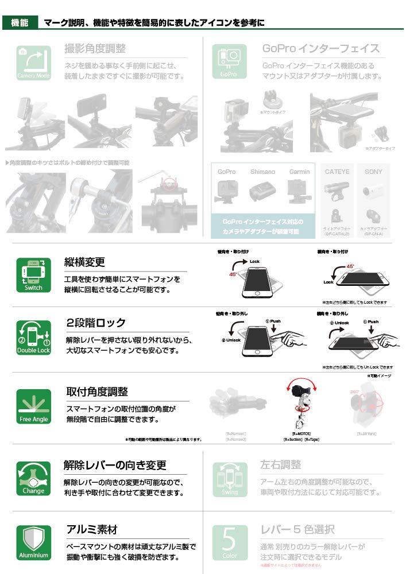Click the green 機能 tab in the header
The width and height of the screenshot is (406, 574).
tap(20, 23)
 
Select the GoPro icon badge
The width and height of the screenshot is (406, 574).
tap(229, 62)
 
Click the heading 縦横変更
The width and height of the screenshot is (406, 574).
tap(84, 262)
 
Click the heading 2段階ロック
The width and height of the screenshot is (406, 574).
tap(96, 323)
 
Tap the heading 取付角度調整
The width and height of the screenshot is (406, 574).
tap(97, 392)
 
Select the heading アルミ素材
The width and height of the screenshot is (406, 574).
tap(92, 529)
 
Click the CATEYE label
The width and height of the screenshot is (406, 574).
tap(337, 172)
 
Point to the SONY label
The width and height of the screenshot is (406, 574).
tap(373, 172)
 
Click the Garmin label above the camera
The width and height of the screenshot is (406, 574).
tap(299, 172)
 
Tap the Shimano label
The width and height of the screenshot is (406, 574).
tap(262, 172)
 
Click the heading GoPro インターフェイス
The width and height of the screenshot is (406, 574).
tap(320, 49)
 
